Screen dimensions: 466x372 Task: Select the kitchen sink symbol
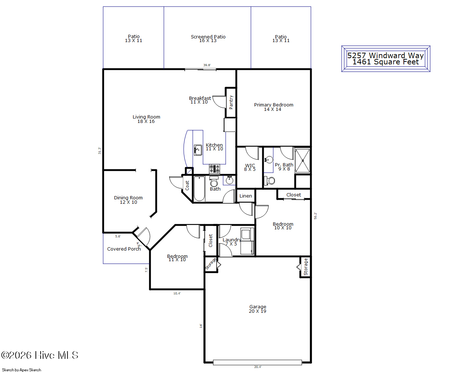click(198, 150)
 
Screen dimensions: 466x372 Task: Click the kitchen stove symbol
click(214, 169)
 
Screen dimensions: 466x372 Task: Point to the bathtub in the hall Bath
click(199, 189)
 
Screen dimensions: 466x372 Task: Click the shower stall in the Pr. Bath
click(302, 161)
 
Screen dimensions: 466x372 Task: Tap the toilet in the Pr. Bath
click(269, 181)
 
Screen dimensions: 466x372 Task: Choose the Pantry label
click(231, 102)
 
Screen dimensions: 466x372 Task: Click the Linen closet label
click(245, 196)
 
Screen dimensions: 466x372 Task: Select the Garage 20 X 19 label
click(258, 309)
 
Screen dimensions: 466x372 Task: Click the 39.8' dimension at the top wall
click(207, 65)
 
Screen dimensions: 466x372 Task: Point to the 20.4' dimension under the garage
click(258, 367)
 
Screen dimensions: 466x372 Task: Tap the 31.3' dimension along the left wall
click(99, 150)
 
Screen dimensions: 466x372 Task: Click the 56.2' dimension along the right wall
click(316, 216)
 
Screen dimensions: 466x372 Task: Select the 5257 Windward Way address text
click(386, 56)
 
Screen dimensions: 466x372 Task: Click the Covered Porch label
click(124, 249)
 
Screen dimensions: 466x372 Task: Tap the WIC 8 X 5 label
click(250, 168)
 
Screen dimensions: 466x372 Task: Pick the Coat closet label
click(187, 185)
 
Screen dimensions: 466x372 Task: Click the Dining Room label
click(128, 200)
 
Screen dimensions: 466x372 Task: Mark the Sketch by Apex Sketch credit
click(22, 370)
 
